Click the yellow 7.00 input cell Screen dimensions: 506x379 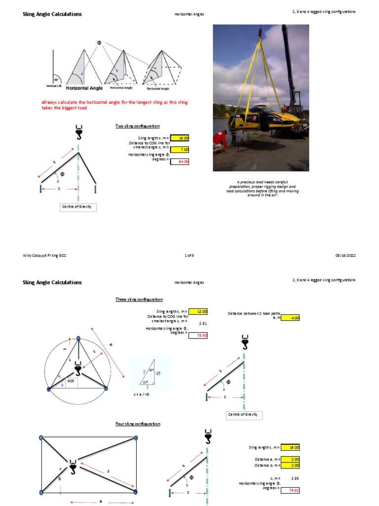click(180, 149)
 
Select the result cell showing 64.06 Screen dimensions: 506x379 click(180, 161)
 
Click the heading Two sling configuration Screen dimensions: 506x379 click(138, 126)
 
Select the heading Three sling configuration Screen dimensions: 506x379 click(139, 299)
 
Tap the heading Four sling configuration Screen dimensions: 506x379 click(138, 424)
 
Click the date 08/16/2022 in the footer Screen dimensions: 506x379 click(345, 255)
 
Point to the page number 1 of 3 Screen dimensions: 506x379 click(189, 255)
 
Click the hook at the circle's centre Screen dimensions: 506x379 click(77, 369)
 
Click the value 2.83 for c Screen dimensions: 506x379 click(295, 478)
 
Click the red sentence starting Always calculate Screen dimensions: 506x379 click(114, 105)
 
